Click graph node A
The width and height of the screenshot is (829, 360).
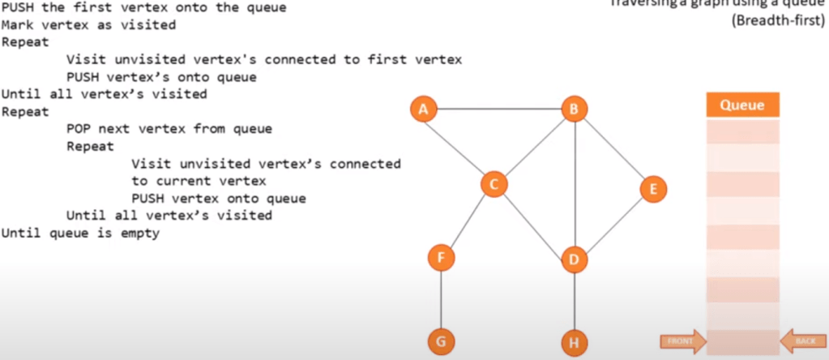tap(423, 109)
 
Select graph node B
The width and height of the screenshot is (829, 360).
tap(574, 109)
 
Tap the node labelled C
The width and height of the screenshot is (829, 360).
tap(493, 184)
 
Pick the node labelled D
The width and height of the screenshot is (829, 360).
tap(574, 259)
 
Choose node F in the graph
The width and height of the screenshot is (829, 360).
tap(441, 258)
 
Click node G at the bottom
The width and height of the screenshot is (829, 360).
tap(441, 341)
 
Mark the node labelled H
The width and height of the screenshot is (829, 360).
tap(574, 343)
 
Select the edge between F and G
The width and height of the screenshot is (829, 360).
tap(441, 300)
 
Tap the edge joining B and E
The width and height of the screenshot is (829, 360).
tap(613, 150)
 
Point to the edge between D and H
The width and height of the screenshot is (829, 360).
tap(574, 302)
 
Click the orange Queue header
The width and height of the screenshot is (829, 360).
tap(742, 105)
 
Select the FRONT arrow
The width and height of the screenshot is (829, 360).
tap(682, 341)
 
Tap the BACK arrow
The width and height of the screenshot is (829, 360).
tap(801, 341)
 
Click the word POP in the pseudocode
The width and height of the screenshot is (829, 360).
tap(79, 129)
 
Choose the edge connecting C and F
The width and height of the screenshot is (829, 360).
tap(467, 221)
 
